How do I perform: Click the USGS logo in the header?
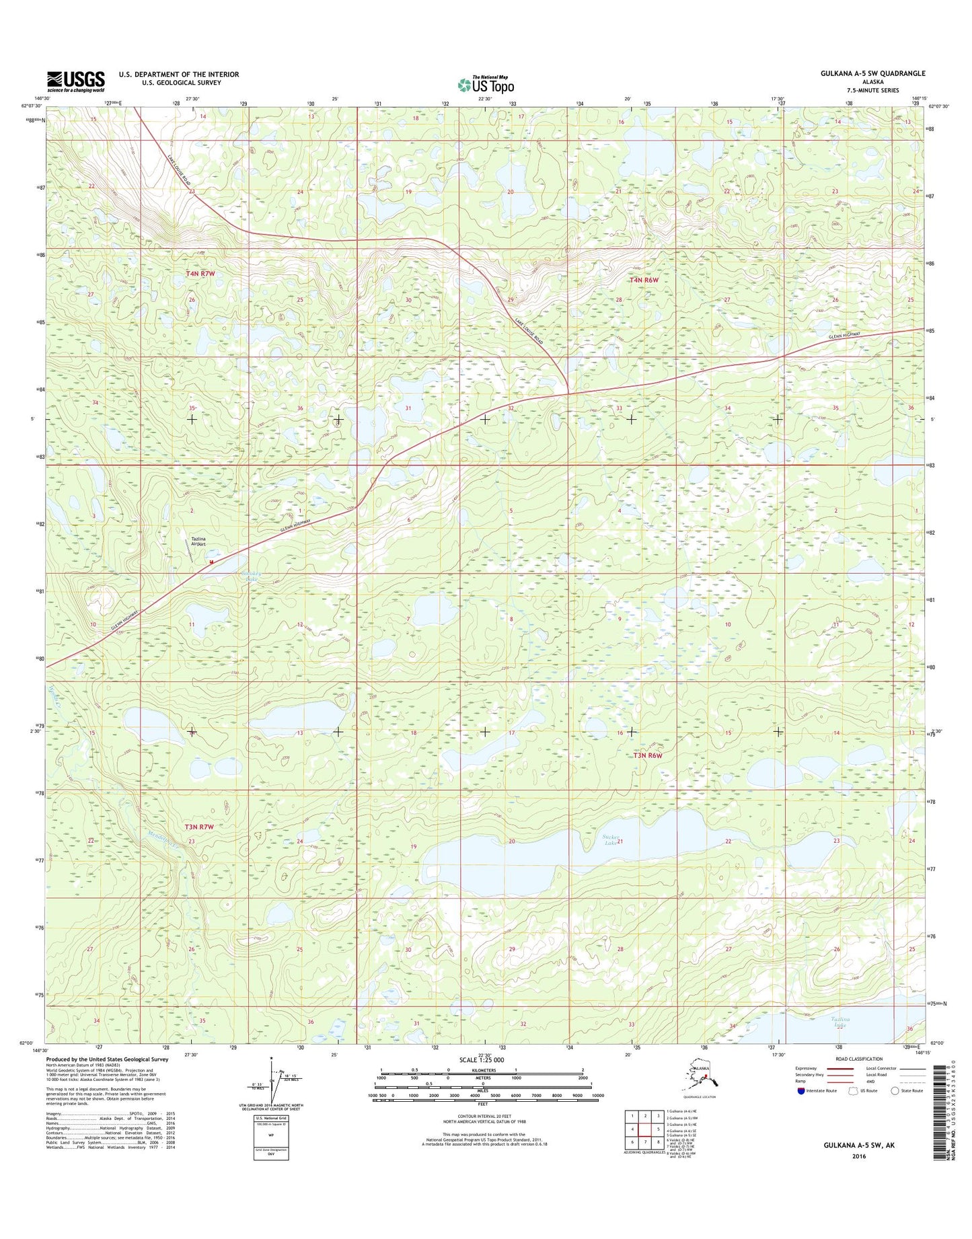pos(76,81)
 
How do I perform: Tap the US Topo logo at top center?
pos(486,85)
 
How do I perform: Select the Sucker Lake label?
pos(609,839)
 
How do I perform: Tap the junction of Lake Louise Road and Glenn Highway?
pos(568,393)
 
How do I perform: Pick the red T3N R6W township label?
pos(648,755)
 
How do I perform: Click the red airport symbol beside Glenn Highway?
pos(211,562)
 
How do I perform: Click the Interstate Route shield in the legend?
pos(801,1110)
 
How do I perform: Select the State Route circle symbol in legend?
pos(895,1110)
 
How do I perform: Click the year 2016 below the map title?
pos(858,1156)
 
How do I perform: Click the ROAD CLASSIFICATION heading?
pos(858,1078)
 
